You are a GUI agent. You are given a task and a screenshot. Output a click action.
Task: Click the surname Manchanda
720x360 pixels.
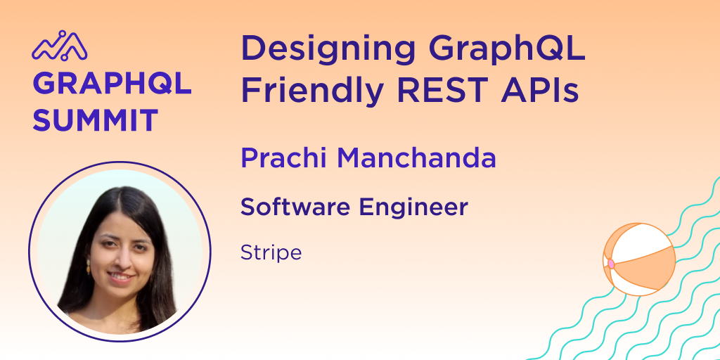(417, 158)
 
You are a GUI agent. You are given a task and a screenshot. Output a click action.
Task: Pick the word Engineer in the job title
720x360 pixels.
(414, 207)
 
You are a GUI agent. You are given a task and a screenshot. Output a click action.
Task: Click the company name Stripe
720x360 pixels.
(271, 252)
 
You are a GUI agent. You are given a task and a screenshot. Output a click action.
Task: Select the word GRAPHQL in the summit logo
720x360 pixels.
(112, 84)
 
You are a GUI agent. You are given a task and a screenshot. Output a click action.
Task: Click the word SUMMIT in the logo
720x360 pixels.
(95, 120)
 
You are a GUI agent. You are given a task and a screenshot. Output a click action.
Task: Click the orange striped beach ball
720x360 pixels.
(639, 259)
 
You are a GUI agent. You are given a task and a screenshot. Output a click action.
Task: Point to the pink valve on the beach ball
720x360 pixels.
(611, 264)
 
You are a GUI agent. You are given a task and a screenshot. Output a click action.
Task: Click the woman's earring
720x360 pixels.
(89, 268)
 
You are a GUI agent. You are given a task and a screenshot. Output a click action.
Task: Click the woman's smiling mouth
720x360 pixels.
(121, 276)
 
